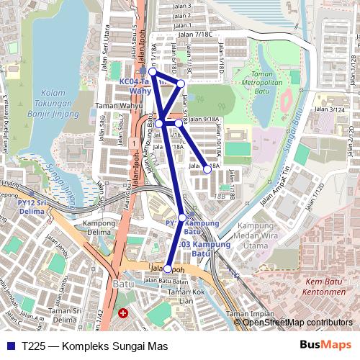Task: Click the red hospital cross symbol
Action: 123,314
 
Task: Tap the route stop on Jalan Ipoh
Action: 168,269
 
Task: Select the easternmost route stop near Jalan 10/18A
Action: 207,169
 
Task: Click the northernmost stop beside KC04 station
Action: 153,72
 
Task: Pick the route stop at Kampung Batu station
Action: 182,217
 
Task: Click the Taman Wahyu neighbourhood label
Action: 117,105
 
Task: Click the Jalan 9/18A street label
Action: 203,119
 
